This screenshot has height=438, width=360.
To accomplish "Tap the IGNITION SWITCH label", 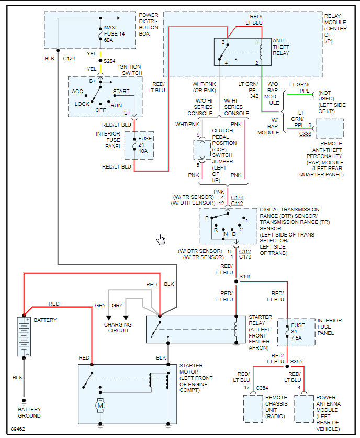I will pos(130,70).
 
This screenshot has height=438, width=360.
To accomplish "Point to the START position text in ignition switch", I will pos(121,92).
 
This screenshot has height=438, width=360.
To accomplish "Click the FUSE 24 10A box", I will pos(139,144).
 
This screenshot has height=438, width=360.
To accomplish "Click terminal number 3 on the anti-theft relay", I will pos(223,42).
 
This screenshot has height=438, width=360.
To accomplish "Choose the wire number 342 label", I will pos(254,96).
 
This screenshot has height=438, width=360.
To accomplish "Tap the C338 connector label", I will pos(306,134).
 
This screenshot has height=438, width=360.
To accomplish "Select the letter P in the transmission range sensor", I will pos(207,217).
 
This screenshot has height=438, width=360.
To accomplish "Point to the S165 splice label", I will pos(245,276).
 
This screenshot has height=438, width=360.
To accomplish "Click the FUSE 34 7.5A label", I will pos(298,331).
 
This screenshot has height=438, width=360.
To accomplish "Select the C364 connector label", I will pos(262,388).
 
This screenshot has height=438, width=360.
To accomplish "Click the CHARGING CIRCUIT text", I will pos(119,328).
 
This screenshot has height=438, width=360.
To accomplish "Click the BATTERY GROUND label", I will pos(30,413).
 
